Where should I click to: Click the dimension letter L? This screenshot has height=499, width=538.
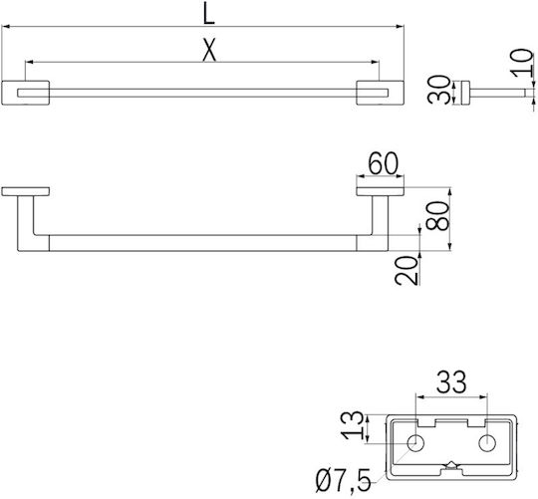209,15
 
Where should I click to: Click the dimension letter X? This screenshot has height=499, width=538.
209,50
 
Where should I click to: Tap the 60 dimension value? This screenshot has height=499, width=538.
384,163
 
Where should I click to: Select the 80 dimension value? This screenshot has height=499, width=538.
437,216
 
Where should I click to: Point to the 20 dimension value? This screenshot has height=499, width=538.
406,270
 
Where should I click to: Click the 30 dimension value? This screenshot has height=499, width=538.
438,90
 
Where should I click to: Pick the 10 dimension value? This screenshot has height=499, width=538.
522,63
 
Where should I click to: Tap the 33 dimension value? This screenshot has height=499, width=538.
451,381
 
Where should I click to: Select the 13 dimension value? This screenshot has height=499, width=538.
352,425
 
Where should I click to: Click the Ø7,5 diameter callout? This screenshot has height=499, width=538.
344,480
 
